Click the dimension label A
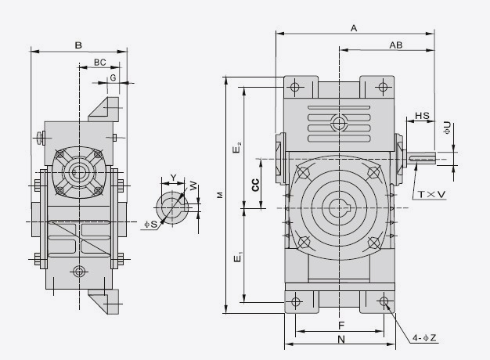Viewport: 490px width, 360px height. [354, 28]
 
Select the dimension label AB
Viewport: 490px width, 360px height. [395, 45]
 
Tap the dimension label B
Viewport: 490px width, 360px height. [78, 45]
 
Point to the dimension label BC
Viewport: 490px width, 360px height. [100, 61]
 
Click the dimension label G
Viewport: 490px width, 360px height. [113, 77]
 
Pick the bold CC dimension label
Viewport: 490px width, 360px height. [255, 185]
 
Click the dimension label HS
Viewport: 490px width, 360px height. [422, 116]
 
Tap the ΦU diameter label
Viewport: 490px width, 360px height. [447, 127]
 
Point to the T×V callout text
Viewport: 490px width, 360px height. [431, 193]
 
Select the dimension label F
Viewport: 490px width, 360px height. [340, 324]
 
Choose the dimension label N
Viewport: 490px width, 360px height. [340, 340]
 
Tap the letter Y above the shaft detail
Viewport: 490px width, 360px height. [173, 177]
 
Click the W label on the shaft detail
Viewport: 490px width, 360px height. [193, 185]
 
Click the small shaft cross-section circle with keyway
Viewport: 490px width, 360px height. [171, 207]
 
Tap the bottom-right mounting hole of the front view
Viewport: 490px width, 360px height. [384, 301]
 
